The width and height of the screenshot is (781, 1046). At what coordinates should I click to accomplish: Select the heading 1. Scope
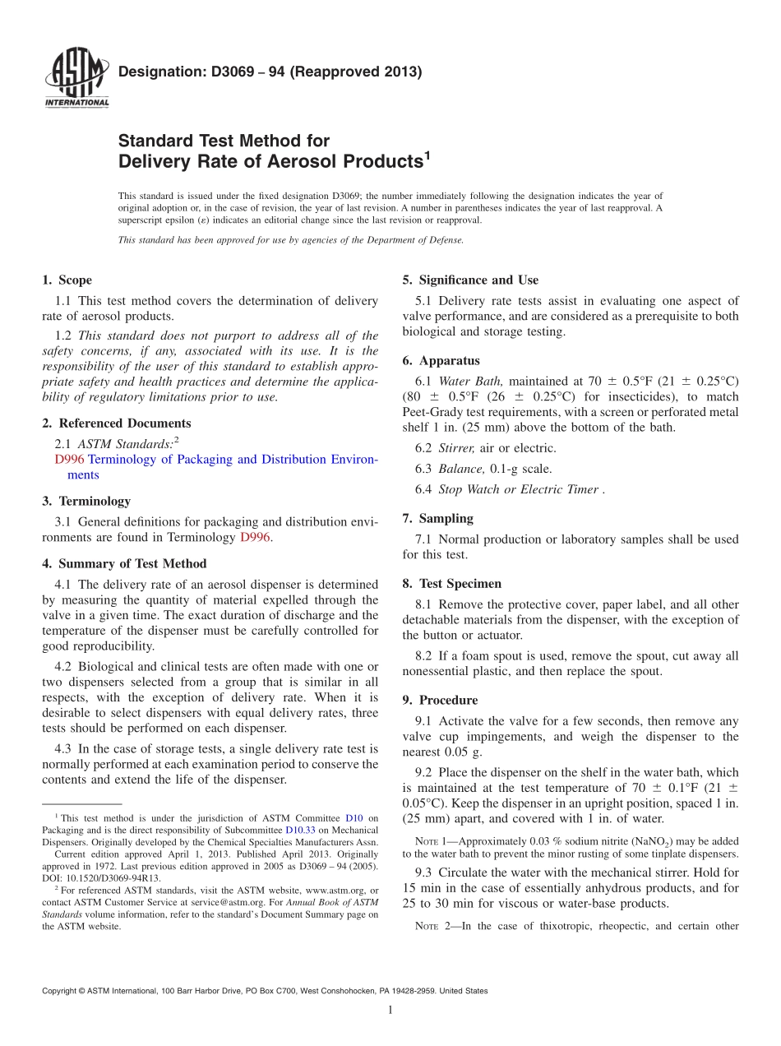coord(67,280)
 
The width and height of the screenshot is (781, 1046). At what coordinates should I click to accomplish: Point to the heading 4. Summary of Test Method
coord(124,563)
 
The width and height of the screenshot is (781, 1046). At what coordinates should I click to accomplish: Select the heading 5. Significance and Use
coord(470,280)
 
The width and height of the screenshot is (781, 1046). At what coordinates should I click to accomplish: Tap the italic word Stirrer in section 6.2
coord(456,448)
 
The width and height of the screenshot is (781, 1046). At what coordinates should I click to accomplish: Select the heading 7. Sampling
coord(437,518)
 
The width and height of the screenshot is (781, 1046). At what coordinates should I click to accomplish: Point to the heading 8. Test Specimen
coord(451,583)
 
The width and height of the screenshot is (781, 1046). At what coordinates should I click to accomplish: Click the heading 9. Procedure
coord(440,700)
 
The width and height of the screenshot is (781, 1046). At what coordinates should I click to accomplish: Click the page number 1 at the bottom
coord(390,1010)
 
